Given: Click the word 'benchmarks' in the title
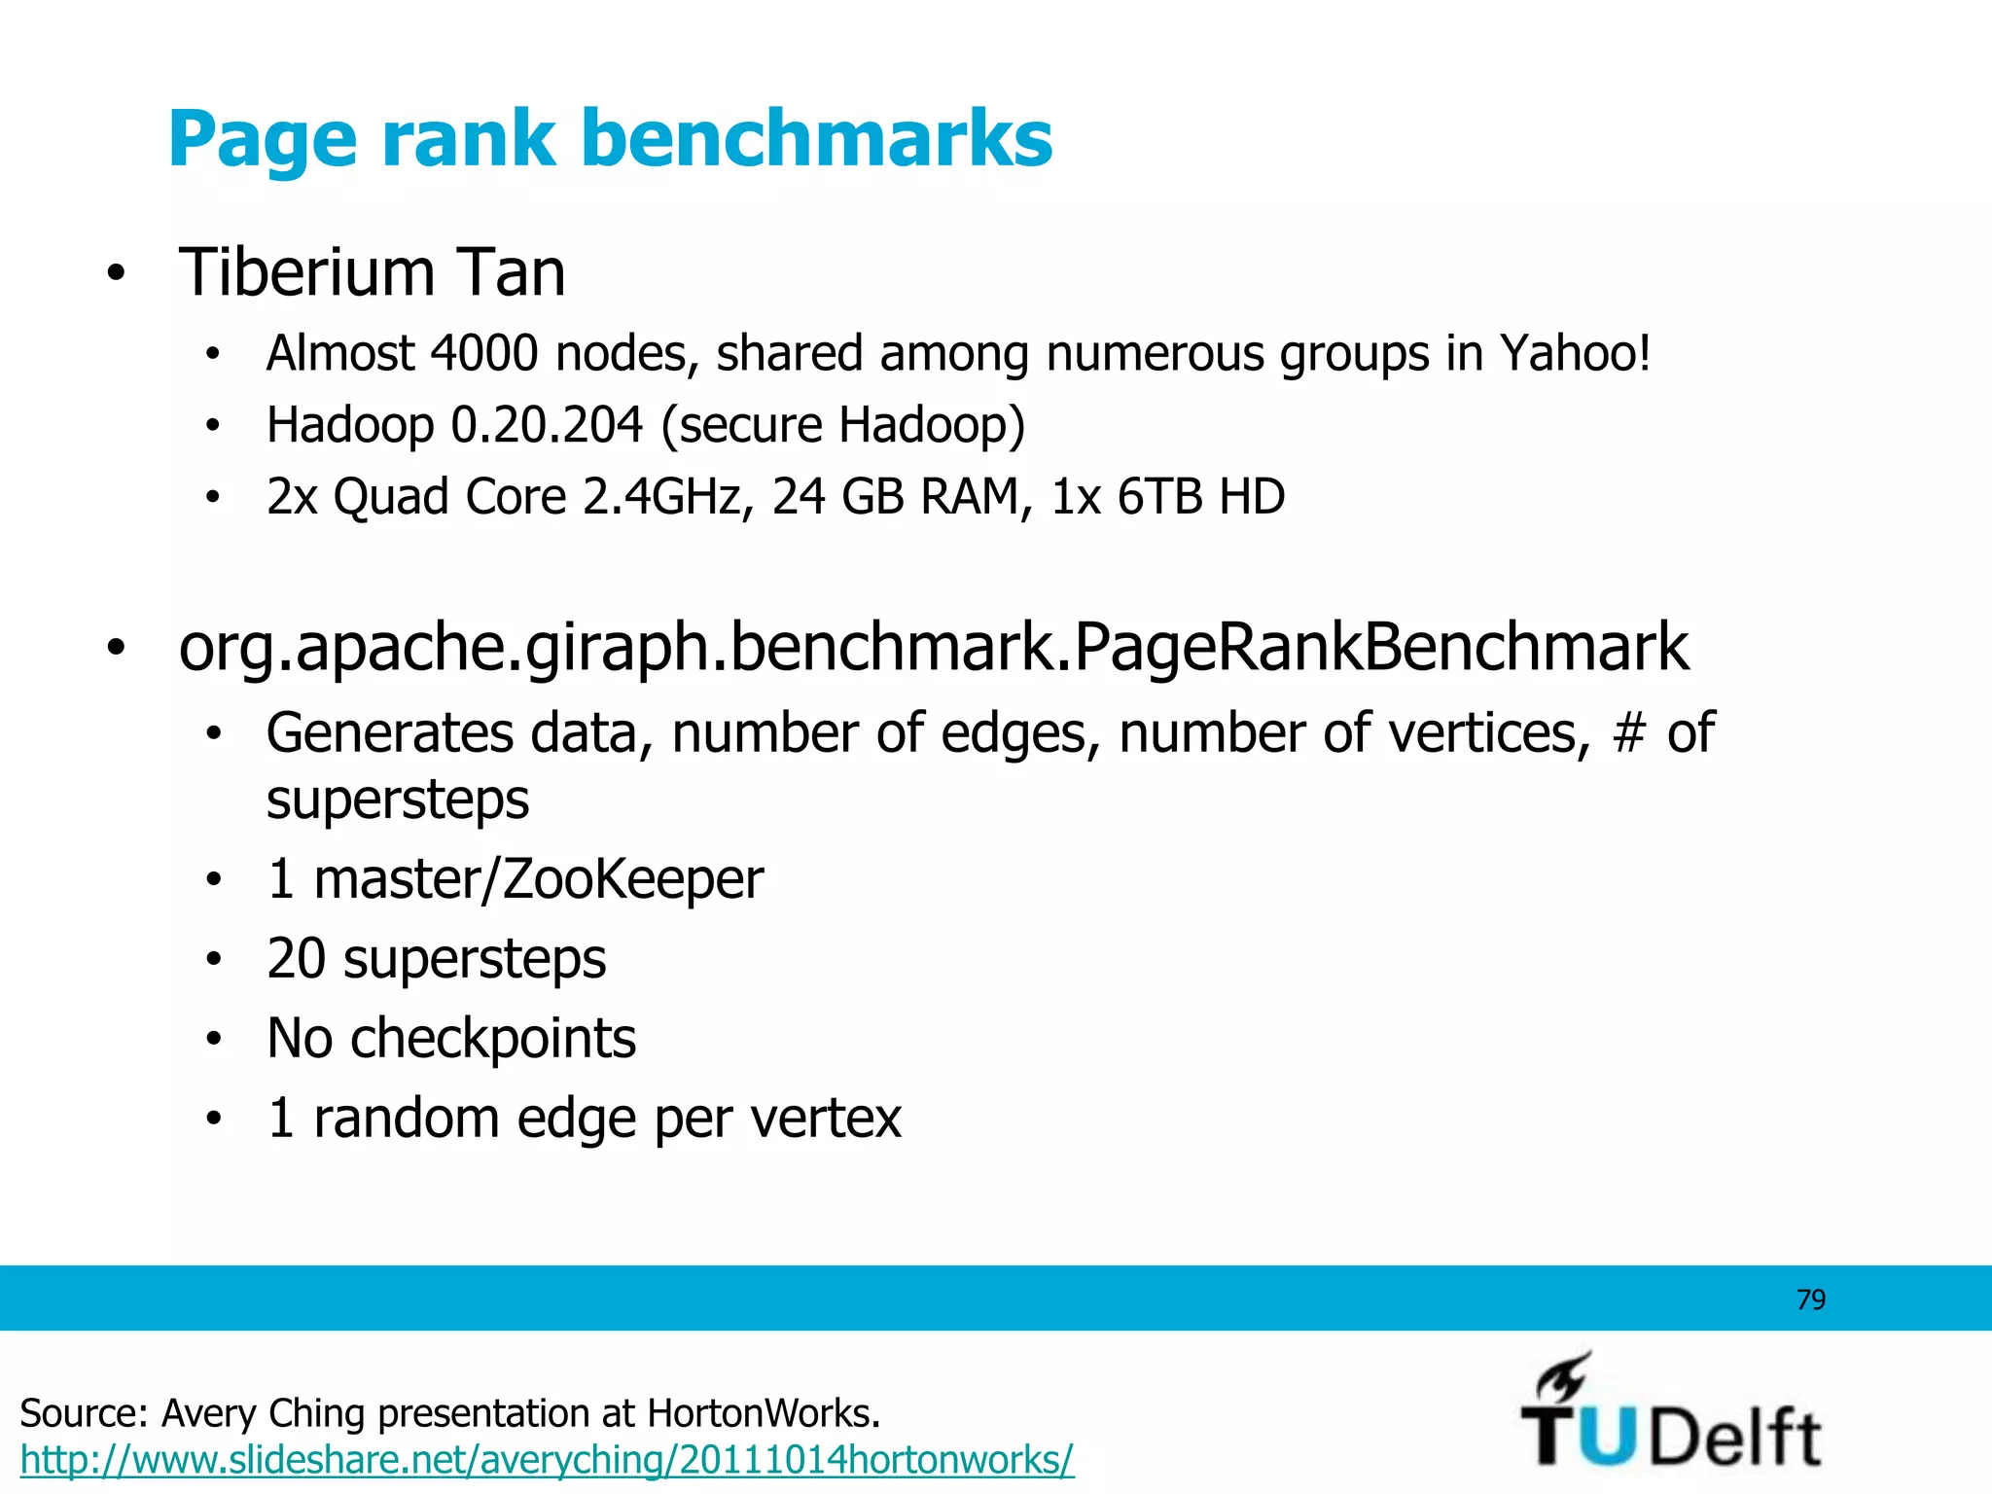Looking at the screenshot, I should click(x=817, y=139).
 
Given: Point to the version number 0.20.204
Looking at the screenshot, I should click(x=547, y=425).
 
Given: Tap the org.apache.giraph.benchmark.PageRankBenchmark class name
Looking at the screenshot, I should click(x=934, y=647).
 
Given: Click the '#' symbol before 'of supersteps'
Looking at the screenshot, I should click(x=1628, y=732).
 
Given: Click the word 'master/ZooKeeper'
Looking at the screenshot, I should click(x=538, y=879).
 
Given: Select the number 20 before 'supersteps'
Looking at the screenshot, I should click(x=296, y=959).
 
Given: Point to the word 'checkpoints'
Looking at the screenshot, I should click(x=493, y=1039).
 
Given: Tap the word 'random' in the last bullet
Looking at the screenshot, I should click(x=407, y=1119).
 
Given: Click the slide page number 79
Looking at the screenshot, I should click(x=1810, y=1299).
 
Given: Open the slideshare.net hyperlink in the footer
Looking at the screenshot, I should click(x=547, y=1460).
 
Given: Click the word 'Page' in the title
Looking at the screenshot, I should click(x=265, y=139).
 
